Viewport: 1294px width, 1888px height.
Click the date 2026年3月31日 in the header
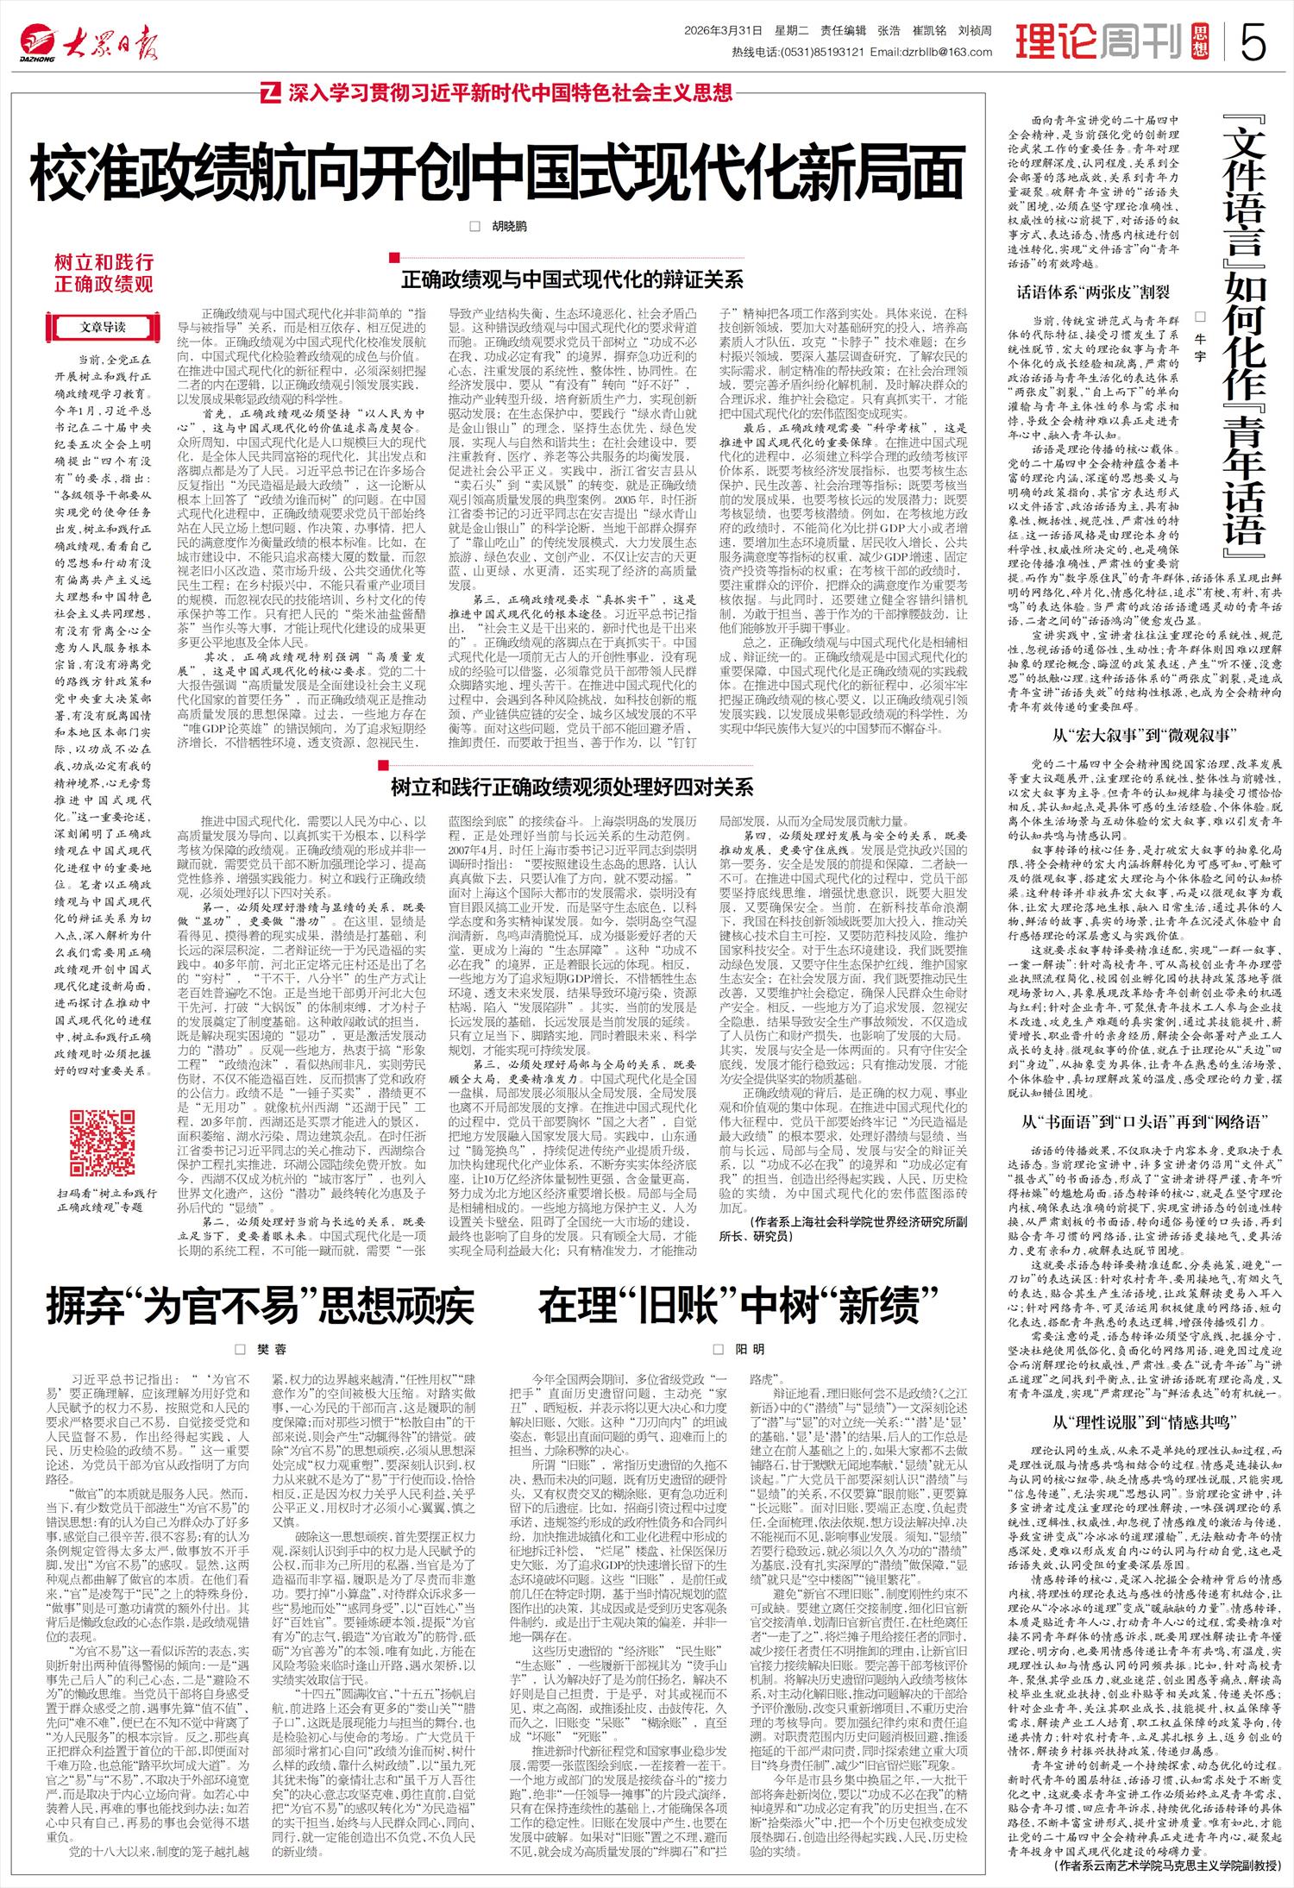[722, 30]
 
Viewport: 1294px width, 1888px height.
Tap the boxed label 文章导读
[103, 327]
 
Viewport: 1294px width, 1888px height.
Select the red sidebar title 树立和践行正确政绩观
[104, 273]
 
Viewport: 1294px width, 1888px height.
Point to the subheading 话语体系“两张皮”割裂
[1092, 292]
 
